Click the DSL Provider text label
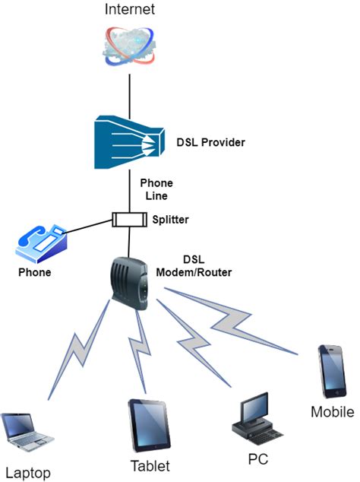pos(211,141)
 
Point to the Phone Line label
pos(156,189)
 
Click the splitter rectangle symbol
pos(128,220)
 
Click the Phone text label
pos(35,271)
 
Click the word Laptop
pos(27,472)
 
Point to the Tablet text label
pos(148,465)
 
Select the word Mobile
pos(333,412)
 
